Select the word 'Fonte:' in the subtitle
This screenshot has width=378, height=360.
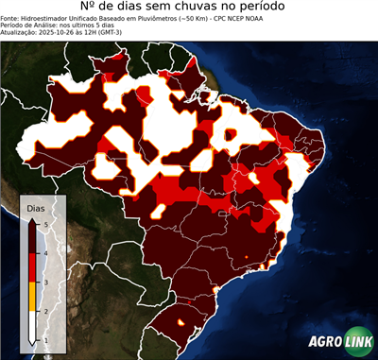12,25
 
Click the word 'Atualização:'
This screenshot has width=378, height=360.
23,40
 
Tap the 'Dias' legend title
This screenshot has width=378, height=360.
36,207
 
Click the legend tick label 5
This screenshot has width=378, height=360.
44,223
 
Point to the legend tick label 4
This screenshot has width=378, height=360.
44,252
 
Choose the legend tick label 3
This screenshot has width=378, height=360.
44,282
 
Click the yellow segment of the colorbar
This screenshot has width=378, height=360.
32,296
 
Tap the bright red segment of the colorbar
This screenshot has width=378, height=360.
32,267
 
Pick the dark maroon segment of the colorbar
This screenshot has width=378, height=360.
32,238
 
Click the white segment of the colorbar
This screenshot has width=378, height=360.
32,325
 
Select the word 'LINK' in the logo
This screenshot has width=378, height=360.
357,342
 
